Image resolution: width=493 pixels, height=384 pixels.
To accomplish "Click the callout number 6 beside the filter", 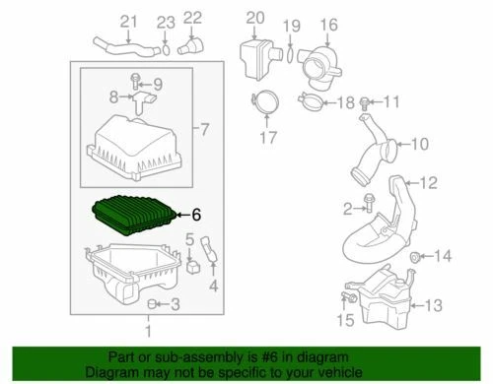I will [195, 213].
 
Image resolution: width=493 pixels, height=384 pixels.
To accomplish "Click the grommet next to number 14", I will [415, 258].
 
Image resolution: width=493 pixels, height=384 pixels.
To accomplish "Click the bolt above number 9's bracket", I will [136, 79].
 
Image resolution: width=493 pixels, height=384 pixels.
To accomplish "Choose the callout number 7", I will [204, 129].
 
